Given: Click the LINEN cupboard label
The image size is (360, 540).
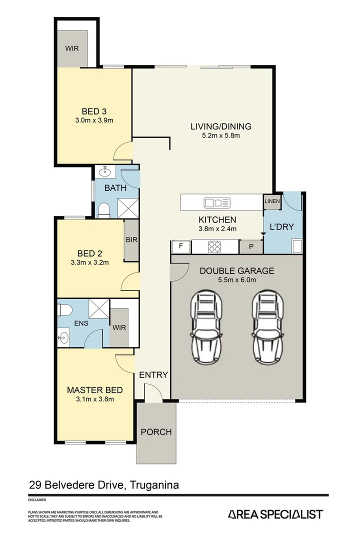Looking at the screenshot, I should (x=272, y=201).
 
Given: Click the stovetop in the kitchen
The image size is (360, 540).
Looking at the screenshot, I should (x=215, y=246).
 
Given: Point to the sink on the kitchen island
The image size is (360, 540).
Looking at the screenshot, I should (x=217, y=202).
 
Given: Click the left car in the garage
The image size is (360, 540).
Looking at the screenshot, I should (x=206, y=328).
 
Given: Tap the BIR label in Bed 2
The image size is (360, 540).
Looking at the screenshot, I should (x=131, y=240).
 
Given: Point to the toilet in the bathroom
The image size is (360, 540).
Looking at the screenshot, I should (x=104, y=210).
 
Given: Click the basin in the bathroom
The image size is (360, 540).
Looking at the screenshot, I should (x=105, y=172).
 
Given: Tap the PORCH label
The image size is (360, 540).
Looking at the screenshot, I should (x=156, y=431).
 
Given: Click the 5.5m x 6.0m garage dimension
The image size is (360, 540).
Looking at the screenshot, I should (x=236, y=280).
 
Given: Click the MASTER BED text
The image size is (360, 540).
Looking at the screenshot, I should (x=94, y=390).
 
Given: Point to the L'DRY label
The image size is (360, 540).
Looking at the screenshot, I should (x=282, y=226).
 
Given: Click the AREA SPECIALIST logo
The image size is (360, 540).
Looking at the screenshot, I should (x=275, y=514).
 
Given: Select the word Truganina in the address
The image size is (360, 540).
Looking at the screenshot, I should (x=155, y=484).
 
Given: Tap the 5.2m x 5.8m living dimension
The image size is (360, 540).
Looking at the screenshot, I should (x=220, y=135).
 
